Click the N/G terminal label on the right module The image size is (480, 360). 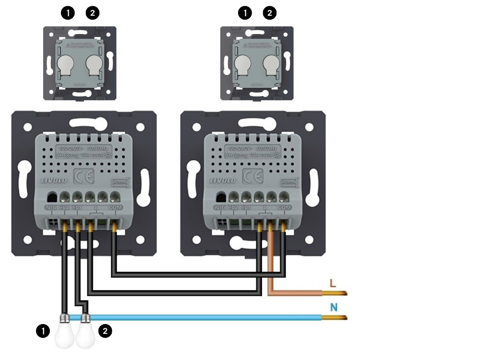click(x=220, y=207)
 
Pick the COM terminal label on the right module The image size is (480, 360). click(x=284, y=207)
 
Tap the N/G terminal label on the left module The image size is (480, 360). click(x=51, y=207)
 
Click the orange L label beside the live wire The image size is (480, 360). click(x=333, y=283)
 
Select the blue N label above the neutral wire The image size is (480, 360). click(x=333, y=307)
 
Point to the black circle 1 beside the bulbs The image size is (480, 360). click(x=43, y=330)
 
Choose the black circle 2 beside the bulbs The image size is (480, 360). click(x=105, y=330)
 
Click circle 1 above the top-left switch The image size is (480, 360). click(x=68, y=13)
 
